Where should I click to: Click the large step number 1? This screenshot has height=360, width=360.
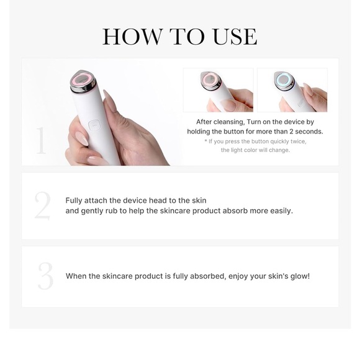(42, 141)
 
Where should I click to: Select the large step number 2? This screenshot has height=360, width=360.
(42, 207)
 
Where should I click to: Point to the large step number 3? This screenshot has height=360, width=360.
(45, 277)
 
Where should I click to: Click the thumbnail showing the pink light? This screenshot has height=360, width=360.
(218, 90)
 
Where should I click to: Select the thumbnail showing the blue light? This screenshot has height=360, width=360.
(292, 90)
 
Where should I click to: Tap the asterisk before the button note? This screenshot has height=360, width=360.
(206, 142)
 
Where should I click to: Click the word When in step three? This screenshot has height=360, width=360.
(76, 276)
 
